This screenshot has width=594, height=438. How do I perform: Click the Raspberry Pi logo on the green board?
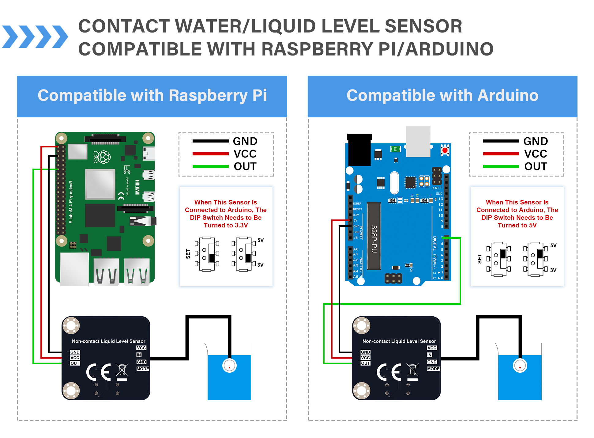[102, 157]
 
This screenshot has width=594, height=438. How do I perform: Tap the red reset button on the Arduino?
[445, 150]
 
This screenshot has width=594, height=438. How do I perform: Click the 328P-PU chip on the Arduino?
[374, 236]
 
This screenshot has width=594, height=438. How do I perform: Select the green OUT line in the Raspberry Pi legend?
[210, 166]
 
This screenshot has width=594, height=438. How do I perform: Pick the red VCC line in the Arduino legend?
[501, 154]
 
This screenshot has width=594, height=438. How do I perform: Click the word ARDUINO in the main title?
[449, 49]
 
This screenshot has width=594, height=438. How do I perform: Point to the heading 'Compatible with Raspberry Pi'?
[152, 95]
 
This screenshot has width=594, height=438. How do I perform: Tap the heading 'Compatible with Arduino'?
[442, 95]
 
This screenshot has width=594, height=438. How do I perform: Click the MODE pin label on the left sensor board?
[143, 369]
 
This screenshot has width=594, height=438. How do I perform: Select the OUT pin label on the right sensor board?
[365, 363]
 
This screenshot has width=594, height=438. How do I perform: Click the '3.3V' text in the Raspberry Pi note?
[241, 225]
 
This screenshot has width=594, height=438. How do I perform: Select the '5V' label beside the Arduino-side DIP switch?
[553, 246]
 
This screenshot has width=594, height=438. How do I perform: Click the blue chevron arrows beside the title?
[35, 37]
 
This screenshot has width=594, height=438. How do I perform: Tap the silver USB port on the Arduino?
[418, 142]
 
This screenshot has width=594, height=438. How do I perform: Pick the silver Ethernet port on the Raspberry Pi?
[74, 269]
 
